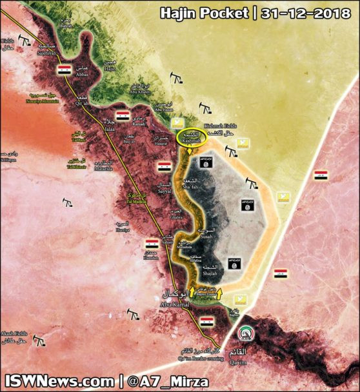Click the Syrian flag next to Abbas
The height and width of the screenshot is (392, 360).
pos(65,69)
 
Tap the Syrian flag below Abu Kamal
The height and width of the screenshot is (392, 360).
pos(206,320)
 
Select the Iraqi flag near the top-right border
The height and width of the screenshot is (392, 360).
pos(320,175)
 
